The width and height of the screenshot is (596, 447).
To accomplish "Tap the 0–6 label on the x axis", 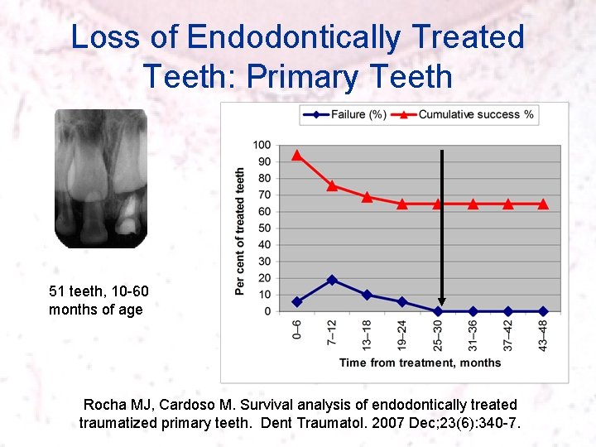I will [x=297, y=332].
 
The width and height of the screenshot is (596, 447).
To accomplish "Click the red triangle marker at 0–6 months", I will [x=297, y=155].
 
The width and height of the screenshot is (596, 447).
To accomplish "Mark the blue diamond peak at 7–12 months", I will [x=332, y=280].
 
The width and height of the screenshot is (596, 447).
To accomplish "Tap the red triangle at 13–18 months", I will [x=368, y=197].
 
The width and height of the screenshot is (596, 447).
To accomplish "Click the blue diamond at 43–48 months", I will [x=543, y=311].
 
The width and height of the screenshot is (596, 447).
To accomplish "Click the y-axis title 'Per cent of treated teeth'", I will [x=240, y=231].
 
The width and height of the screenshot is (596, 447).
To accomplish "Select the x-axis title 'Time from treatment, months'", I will [x=420, y=363].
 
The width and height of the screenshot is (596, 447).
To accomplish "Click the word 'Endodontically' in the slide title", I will [x=295, y=37].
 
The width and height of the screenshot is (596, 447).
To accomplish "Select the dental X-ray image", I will [x=100, y=179].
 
